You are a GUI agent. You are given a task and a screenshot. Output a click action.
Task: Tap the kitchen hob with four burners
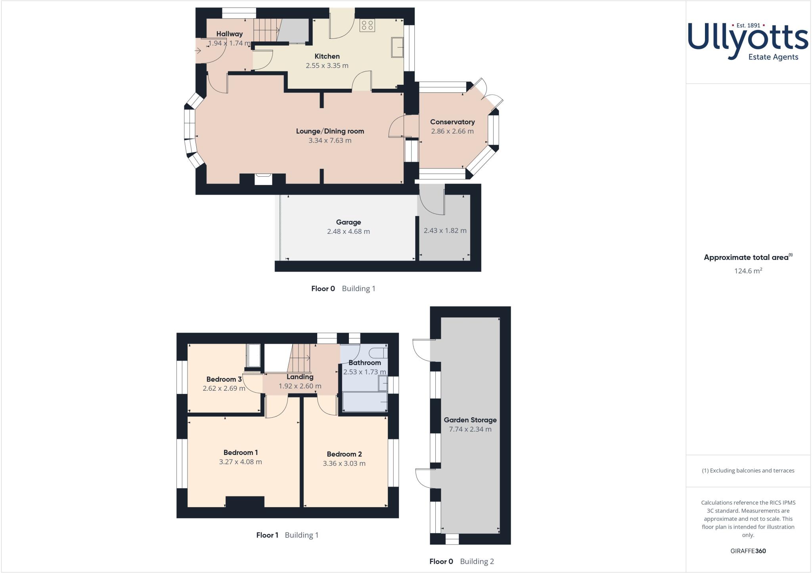(x=367, y=25)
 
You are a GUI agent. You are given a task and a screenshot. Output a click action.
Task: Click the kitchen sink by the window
(x=397, y=47)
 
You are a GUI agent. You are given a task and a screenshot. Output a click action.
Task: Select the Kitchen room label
(x=327, y=56)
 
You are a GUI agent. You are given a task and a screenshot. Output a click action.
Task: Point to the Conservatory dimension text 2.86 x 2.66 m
(x=452, y=131)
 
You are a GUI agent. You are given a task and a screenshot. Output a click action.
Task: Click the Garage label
(x=349, y=222)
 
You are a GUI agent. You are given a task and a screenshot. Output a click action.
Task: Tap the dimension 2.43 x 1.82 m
(x=445, y=231)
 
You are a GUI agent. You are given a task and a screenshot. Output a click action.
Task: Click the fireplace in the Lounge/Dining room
(x=262, y=179)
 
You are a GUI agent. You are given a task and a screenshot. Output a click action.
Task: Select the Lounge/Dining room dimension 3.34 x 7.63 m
(x=330, y=140)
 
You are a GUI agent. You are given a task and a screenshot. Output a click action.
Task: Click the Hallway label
(x=229, y=34)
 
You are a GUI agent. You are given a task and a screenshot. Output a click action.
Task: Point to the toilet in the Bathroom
(x=377, y=352)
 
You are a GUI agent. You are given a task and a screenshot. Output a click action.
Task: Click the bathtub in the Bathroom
(x=365, y=402)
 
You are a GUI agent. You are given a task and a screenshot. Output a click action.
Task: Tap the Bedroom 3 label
(x=224, y=379)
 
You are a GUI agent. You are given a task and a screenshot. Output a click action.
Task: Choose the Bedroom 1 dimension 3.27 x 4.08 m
(x=240, y=462)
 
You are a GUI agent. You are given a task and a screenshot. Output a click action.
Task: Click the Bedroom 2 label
(x=344, y=454)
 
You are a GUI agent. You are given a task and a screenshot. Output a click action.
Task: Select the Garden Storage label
(x=470, y=420)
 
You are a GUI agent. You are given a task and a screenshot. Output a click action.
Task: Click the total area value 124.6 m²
(x=748, y=271)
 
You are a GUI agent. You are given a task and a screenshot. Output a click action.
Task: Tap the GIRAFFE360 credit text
(x=748, y=551)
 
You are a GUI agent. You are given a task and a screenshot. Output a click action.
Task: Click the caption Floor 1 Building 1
(x=287, y=535)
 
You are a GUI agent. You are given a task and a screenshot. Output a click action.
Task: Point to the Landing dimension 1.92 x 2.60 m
(x=300, y=386)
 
